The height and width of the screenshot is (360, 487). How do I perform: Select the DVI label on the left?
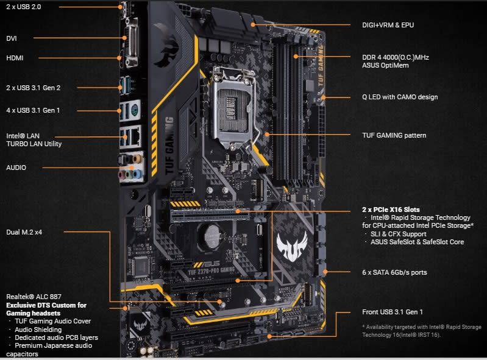(x=12, y=38)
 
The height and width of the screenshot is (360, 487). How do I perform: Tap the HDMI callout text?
(x=15, y=58)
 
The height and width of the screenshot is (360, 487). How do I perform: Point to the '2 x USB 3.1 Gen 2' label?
(x=33, y=87)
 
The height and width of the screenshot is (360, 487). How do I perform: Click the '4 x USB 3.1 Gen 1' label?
(x=33, y=110)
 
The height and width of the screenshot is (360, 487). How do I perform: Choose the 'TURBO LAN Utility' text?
(x=34, y=144)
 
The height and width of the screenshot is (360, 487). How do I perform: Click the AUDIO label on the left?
(x=16, y=167)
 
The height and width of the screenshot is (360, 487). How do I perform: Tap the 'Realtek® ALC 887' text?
(x=34, y=297)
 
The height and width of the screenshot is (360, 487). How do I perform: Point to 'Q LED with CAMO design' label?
(x=400, y=97)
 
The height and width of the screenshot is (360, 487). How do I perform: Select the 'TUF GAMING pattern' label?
(x=394, y=135)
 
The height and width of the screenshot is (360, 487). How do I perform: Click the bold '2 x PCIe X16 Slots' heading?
(x=391, y=210)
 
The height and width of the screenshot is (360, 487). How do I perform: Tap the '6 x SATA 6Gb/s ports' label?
(x=394, y=272)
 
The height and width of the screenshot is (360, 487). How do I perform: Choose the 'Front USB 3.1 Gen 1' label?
(x=392, y=312)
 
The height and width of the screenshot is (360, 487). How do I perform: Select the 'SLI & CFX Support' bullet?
(x=399, y=234)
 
